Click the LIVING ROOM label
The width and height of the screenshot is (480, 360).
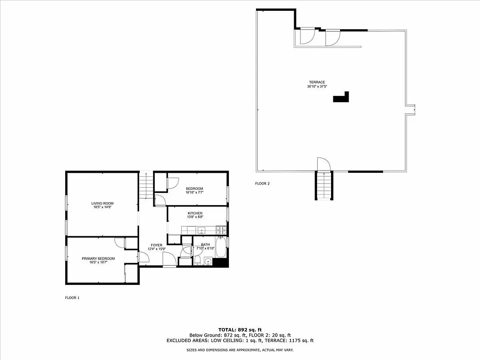click(x=102, y=203)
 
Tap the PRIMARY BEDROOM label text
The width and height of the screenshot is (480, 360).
click(x=98, y=258)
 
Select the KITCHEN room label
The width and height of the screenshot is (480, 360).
click(x=195, y=213)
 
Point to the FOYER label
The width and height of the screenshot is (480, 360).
click(x=157, y=245)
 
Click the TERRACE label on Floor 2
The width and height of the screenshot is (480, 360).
click(x=317, y=82)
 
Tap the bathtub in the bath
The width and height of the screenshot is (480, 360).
click(x=221, y=247)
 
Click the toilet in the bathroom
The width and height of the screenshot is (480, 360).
click(x=197, y=261)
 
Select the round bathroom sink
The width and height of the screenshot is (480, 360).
click(x=207, y=261)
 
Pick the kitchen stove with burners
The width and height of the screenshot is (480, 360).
click(x=220, y=230)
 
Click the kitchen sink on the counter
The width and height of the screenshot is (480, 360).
click(x=202, y=230)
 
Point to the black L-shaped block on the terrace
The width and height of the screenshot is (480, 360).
click(x=341, y=98)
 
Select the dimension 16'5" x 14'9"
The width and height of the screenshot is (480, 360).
click(x=102, y=207)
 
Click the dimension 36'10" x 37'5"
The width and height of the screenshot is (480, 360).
click(x=317, y=86)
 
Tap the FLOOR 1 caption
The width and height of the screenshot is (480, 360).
click(x=72, y=297)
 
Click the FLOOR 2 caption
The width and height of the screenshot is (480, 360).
click(x=262, y=184)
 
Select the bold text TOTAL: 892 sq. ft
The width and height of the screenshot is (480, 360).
click(x=240, y=330)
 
